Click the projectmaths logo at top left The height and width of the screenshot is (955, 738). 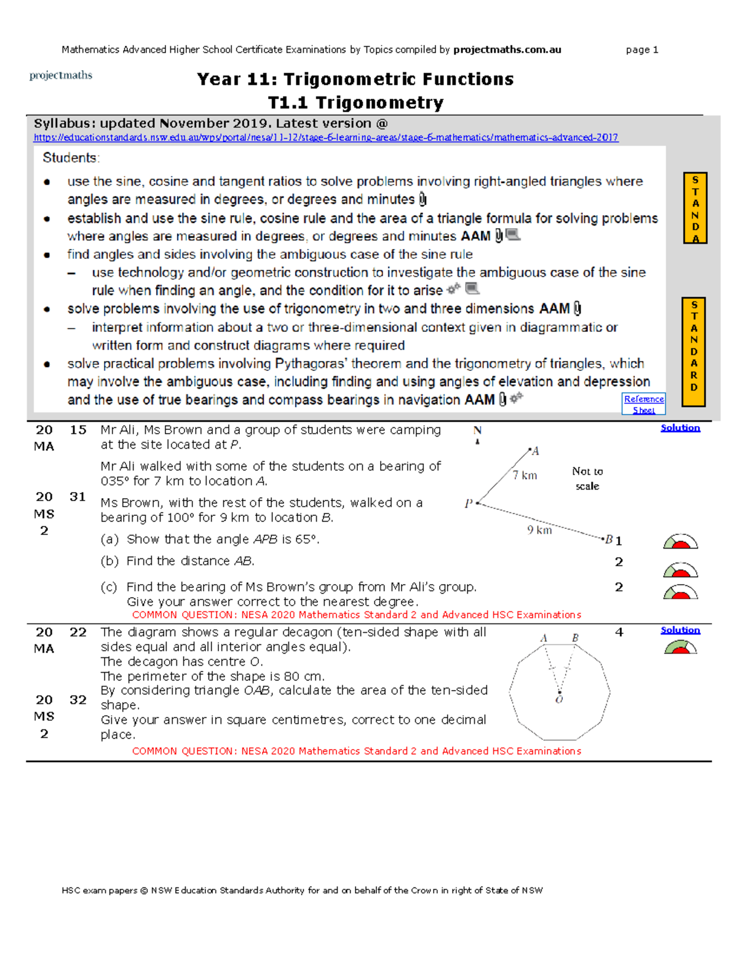(x=61, y=76)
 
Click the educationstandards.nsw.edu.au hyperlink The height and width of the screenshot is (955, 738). (x=325, y=138)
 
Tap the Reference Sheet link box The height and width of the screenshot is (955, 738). (x=643, y=404)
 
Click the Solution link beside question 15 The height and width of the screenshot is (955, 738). (x=680, y=428)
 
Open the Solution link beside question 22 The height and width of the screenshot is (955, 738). (x=680, y=630)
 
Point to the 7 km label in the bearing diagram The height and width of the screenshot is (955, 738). (x=525, y=475)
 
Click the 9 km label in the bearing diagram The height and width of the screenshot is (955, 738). (x=539, y=530)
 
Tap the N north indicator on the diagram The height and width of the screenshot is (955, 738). (x=477, y=431)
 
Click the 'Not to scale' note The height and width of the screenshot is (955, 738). (x=587, y=478)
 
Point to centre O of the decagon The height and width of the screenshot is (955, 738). (x=559, y=699)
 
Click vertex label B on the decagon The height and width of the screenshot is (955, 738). (x=575, y=638)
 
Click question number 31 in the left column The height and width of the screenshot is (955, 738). (x=77, y=497)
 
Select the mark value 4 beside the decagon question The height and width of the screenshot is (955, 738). (x=619, y=632)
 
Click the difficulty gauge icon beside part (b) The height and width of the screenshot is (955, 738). (x=680, y=570)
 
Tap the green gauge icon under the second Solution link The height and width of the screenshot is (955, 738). (x=680, y=647)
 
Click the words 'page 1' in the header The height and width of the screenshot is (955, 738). (x=641, y=50)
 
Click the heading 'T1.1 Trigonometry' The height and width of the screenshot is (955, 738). (x=355, y=103)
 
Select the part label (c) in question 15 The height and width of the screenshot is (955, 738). (x=109, y=587)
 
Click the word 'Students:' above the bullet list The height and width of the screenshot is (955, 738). (x=71, y=158)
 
